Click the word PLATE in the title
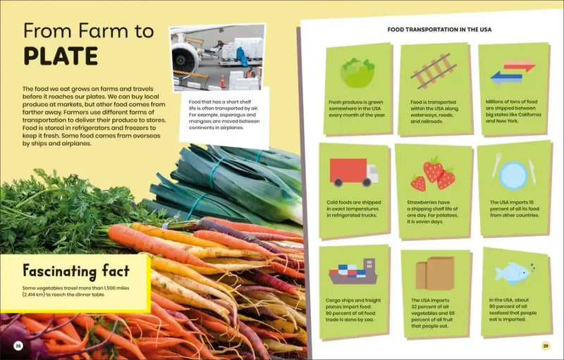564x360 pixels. point(60,56)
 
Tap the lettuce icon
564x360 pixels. point(357,73)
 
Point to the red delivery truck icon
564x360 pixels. point(353,171)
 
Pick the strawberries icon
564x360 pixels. point(433,173)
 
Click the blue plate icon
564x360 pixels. point(513,175)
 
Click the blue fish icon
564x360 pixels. point(512,272)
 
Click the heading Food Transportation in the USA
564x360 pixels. point(439,30)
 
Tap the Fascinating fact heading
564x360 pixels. point(76,271)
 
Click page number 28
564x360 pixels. point(19,345)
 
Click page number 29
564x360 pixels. point(545,345)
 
